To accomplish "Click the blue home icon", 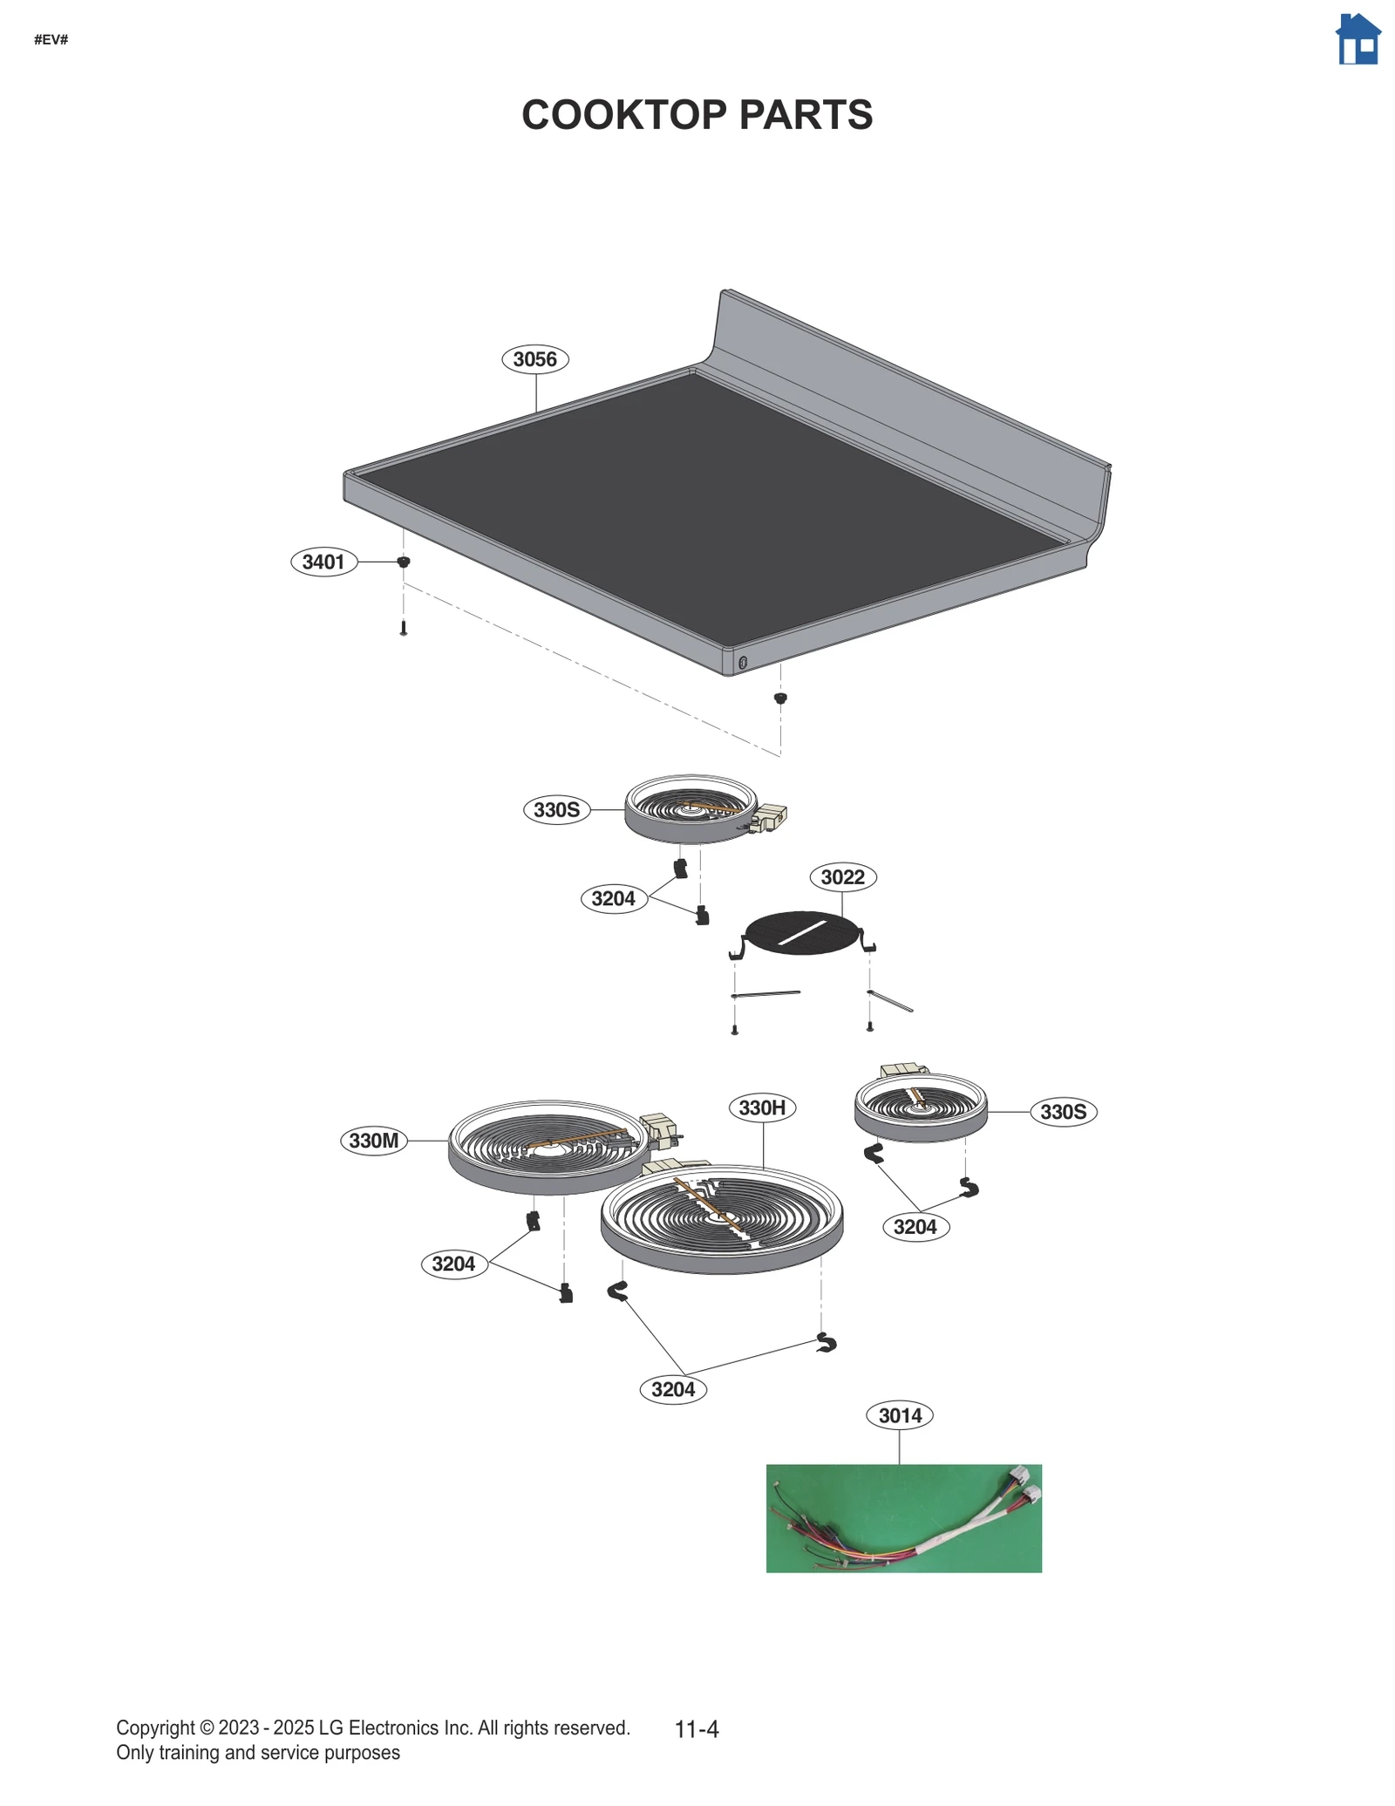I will click(1358, 39).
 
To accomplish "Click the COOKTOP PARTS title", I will click(697, 115).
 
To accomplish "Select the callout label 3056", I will click(535, 359).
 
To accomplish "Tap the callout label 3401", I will click(323, 562).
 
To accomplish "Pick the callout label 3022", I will click(843, 876).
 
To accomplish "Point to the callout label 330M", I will click(373, 1141).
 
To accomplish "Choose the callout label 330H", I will click(762, 1107).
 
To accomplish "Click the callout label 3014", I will click(900, 1415).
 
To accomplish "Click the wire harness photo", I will click(903, 1518).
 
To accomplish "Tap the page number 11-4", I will click(697, 1729).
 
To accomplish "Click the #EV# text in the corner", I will click(51, 40).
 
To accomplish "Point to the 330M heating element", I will click(549, 1147).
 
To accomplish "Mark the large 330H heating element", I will click(721, 1217).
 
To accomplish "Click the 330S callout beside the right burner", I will click(1064, 1112).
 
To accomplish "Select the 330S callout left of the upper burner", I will click(556, 810).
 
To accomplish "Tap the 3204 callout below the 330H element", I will click(673, 1389).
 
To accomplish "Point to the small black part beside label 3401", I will click(404, 562).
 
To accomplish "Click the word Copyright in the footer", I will click(155, 1728).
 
